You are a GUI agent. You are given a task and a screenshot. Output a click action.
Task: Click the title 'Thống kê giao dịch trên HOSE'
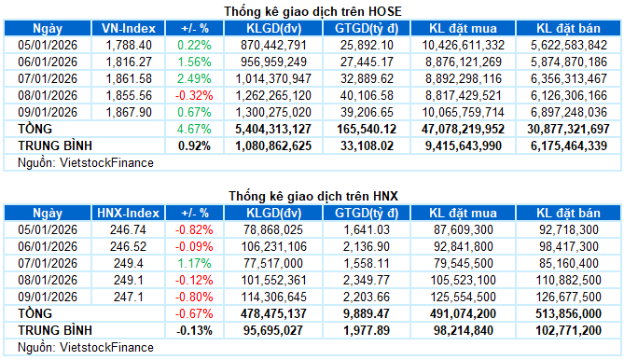(311, 11)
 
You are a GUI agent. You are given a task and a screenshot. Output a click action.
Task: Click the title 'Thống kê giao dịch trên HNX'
(312, 196)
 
